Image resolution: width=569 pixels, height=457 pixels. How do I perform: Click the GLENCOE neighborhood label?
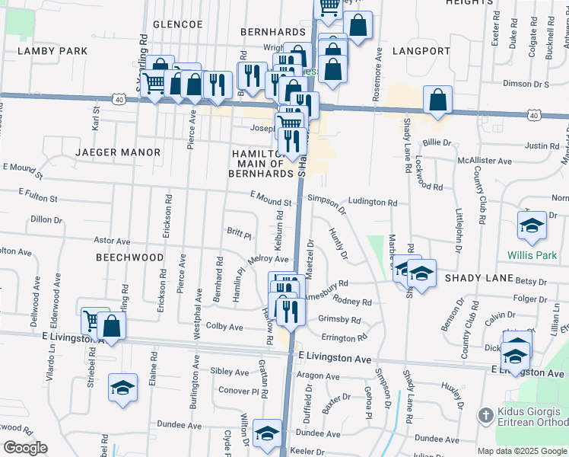point(177,24)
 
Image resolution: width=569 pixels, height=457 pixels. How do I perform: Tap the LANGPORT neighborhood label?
point(422,51)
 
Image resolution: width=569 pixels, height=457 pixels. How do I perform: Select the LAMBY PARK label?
point(53,51)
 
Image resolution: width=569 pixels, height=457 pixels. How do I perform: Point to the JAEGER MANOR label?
point(118,152)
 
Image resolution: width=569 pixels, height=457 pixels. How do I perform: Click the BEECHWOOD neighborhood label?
point(129,257)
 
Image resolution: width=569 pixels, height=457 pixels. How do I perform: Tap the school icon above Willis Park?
point(532,225)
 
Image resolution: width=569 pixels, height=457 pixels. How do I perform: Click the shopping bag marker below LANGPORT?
point(438,100)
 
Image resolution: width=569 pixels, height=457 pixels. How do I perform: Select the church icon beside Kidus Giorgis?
point(485,416)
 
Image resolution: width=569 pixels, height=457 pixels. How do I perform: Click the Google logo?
point(24,448)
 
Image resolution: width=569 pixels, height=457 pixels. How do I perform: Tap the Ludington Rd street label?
point(373,203)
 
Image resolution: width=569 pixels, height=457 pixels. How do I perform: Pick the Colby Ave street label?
point(224,327)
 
